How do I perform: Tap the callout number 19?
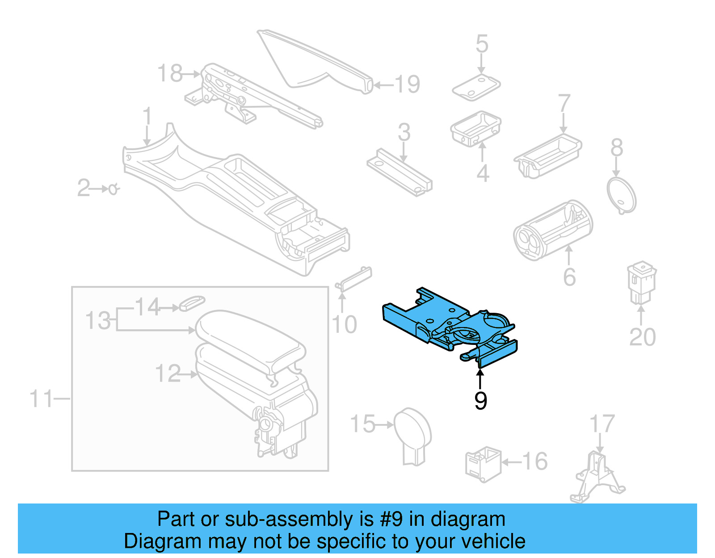pyautogui.click(x=407, y=84)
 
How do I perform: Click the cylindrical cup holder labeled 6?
pyautogui.click(x=552, y=230)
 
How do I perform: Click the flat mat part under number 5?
pyautogui.click(x=476, y=88)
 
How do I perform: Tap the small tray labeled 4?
pyautogui.click(x=475, y=128)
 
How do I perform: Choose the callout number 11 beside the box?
pyautogui.click(x=41, y=399)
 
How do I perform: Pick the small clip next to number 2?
pyautogui.click(x=114, y=189)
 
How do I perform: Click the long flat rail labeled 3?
pyautogui.click(x=399, y=172)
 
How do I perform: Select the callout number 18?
pyautogui.click(x=170, y=73)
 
